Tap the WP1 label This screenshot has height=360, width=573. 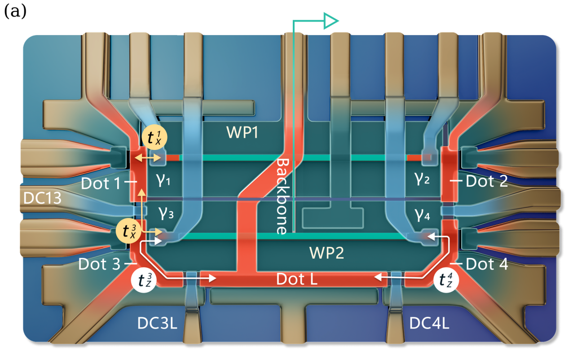tap(242, 133)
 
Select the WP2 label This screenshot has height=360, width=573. tap(326, 253)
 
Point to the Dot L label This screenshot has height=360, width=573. tap(297, 279)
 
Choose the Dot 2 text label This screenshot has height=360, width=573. tap(487, 181)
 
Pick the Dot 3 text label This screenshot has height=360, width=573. tap(99, 264)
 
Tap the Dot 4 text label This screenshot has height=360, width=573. tap(487, 264)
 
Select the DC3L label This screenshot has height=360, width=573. tap(157, 323)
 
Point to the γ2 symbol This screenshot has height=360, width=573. tap(423, 181)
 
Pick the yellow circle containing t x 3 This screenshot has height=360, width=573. tap(128, 231)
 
